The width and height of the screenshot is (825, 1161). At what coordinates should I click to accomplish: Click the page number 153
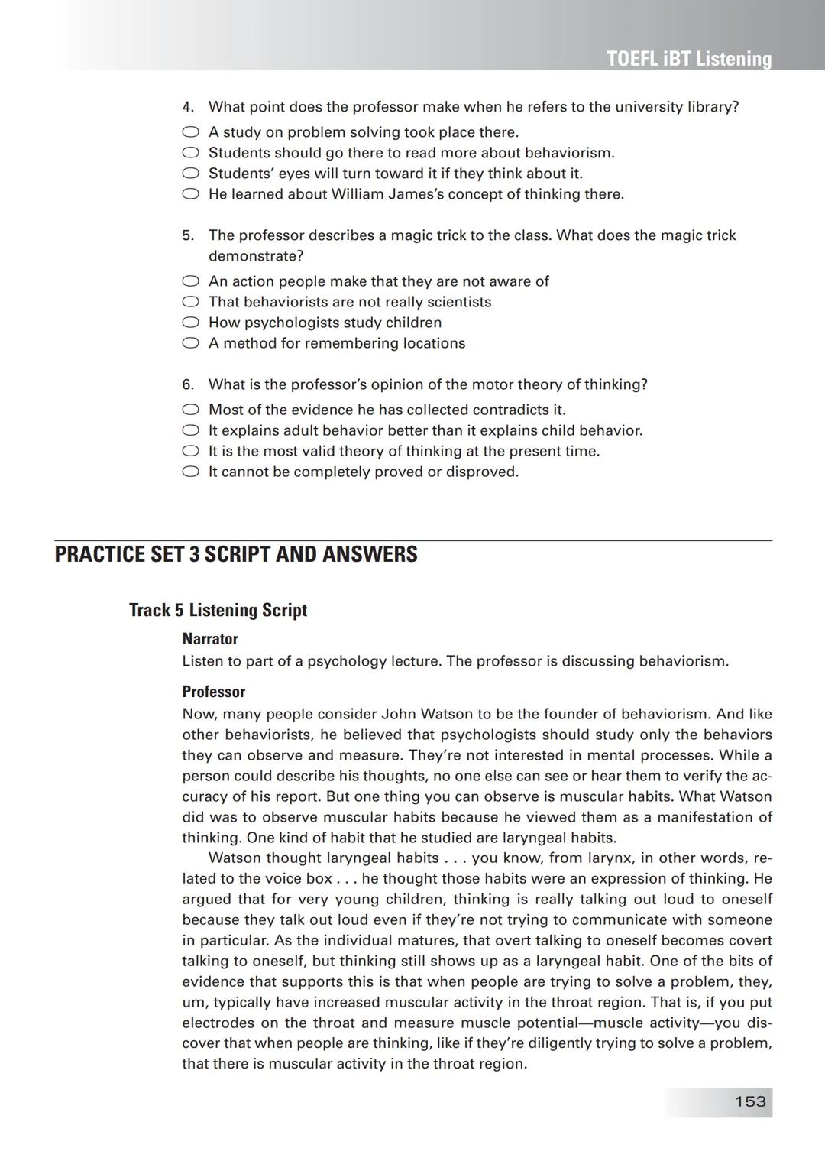click(x=749, y=1101)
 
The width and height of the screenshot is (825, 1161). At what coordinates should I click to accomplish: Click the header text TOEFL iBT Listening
click(x=688, y=59)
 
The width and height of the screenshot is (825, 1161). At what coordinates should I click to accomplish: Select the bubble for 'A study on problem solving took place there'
click(x=190, y=132)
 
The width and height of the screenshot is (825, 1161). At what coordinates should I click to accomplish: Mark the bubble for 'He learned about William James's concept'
click(x=190, y=194)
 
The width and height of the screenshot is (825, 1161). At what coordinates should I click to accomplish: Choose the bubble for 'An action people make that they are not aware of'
click(x=190, y=281)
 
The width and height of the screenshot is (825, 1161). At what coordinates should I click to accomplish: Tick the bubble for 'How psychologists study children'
click(x=190, y=323)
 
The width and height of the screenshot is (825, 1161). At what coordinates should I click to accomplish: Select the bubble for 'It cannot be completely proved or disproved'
click(x=190, y=472)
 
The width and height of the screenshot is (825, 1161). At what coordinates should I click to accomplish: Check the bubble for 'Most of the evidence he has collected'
click(x=190, y=410)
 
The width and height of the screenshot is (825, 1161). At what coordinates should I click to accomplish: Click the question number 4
click(x=188, y=107)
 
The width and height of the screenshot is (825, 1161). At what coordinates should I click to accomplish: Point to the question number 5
click(x=188, y=235)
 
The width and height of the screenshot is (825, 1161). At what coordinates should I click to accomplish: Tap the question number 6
click(x=188, y=384)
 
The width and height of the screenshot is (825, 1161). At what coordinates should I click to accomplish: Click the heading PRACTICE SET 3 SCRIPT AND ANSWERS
click(x=236, y=554)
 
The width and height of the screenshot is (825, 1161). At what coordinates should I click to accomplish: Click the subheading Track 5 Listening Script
click(x=218, y=610)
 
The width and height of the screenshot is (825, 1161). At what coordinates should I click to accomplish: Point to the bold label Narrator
click(x=210, y=639)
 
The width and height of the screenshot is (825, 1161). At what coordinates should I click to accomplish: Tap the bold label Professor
click(x=213, y=692)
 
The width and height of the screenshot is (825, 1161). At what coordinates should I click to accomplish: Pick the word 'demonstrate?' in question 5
click(x=256, y=256)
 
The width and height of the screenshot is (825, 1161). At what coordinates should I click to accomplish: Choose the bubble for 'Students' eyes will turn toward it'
click(x=190, y=174)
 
